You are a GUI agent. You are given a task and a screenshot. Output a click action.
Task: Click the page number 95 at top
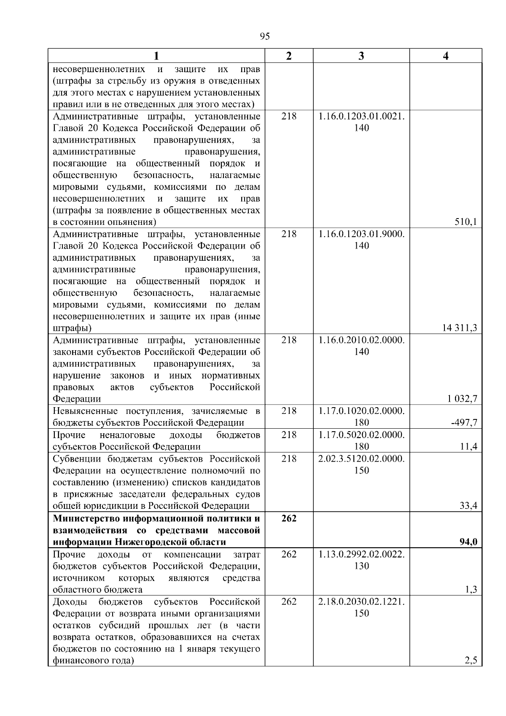(x=265, y=36)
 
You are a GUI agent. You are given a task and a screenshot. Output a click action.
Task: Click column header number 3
(x=361, y=56)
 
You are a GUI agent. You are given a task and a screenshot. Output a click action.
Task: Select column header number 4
(x=446, y=56)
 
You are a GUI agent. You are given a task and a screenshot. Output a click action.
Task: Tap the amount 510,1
(x=466, y=222)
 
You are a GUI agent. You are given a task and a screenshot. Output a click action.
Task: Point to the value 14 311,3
(x=460, y=328)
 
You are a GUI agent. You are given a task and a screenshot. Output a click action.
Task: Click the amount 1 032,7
(x=462, y=399)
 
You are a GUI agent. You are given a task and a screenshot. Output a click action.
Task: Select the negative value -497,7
(x=464, y=423)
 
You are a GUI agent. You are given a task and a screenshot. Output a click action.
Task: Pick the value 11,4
(x=468, y=446)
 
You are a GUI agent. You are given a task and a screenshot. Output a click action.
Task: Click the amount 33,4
(x=468, y=505)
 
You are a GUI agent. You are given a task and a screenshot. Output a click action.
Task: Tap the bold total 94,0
(x=468, y=542)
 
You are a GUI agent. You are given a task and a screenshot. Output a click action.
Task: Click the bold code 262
(x=289, y=518)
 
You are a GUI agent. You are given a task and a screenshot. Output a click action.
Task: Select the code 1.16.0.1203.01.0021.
(x=361, y=116)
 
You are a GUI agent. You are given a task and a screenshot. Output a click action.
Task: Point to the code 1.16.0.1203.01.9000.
(x=361, y=234)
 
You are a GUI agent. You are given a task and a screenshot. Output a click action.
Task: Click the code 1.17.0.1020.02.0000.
(x=361, y=411)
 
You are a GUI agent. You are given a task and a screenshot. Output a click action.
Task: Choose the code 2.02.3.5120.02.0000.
(x=361, y=459)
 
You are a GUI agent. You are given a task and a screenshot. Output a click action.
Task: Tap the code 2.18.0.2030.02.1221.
(x=361, y=601)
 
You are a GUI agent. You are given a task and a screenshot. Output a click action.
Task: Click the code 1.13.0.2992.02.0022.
(x=361, y=554)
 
